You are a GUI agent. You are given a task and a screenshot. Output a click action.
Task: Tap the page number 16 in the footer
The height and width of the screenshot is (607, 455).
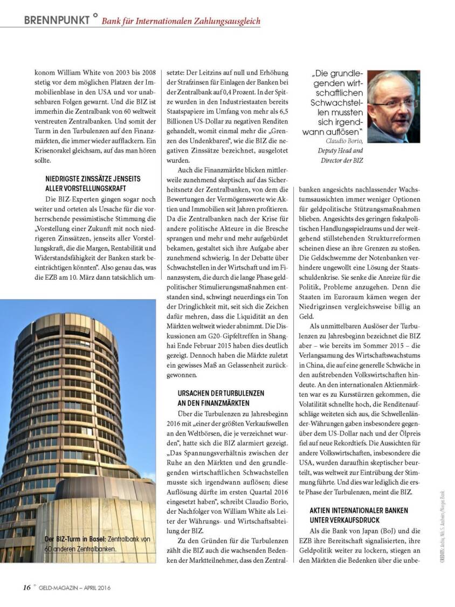click(26, 587)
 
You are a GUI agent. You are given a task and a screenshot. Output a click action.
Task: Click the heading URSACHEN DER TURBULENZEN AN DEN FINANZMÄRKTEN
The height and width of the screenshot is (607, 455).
click(221, 398)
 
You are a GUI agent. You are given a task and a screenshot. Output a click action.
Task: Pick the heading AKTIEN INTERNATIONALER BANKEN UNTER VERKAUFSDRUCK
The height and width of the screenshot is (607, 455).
click(359, 515)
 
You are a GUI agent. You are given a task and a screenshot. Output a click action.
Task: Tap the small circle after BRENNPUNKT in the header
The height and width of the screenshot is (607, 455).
click(95, 16)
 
